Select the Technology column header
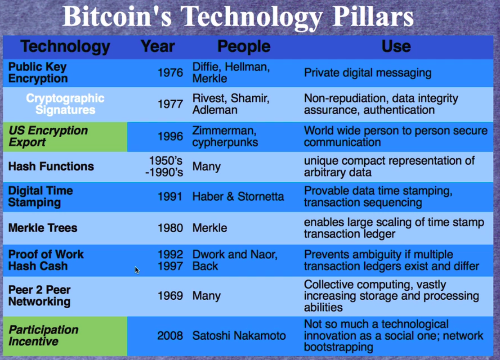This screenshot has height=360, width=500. [65, 47]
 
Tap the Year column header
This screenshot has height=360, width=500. [157, 46]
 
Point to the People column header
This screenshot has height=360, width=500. [244, 47]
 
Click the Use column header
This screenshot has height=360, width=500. [396, 46]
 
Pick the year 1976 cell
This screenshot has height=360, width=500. [170, 73]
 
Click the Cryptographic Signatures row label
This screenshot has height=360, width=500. [65, 104]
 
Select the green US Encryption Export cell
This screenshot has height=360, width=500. [65, 137]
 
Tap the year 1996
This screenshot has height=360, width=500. [170, 137]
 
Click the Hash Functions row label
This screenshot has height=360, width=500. [51, 166]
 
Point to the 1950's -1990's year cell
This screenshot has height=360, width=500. [164, 166]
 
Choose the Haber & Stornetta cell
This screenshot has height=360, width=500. [238, 197]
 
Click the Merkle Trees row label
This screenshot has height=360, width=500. [43, 228]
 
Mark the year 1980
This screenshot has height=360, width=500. [170, 228]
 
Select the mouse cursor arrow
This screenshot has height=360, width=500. [137, 270]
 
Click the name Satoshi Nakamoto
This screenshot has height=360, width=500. [239, 336]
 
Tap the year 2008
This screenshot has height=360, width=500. [170, 336]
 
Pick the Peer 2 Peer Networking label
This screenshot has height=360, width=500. [39, 296]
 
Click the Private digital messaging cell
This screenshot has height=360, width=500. [368, 73]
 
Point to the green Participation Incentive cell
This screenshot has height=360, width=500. [65, 336]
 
